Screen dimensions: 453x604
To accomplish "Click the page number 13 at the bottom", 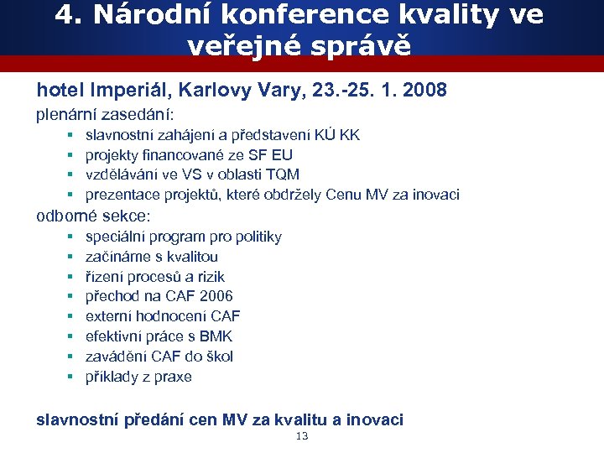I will click(x=302, y=437).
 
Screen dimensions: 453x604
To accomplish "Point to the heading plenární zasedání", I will click(x=110, y=113).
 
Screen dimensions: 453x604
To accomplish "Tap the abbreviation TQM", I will click(x=282, y=174).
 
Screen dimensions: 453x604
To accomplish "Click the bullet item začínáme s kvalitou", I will click(x=152, y=257).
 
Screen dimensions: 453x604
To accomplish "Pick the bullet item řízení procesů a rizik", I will click(x=155, y=277).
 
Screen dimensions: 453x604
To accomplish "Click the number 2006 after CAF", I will click(x=215, y=296).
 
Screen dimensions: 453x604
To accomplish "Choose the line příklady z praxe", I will click(x=138, y=377).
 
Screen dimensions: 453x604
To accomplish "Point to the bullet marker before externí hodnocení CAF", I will click(x=71, y=317).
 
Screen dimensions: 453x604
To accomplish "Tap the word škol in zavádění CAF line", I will click(x=217, y=357).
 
